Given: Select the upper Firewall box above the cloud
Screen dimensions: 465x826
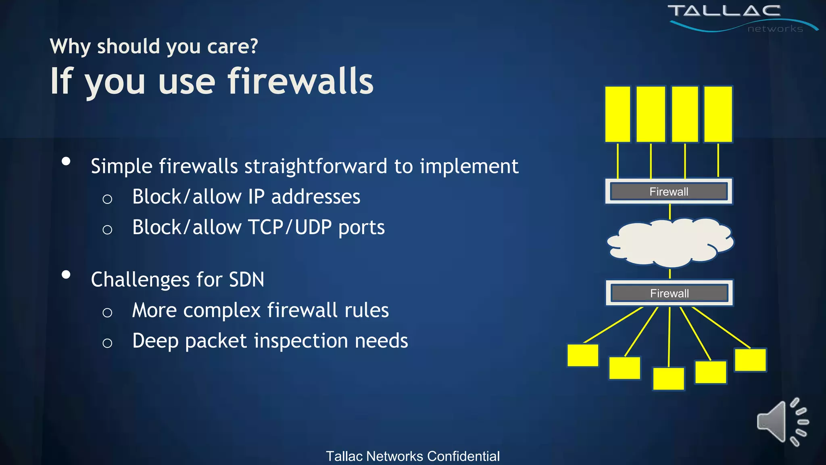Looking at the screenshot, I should pyautogui.click(x=669, y=191).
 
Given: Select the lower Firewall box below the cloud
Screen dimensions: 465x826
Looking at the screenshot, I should pyautogui.click(x=669, y=293).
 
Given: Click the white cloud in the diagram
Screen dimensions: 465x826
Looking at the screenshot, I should pyautogui.click(x=670, y=243).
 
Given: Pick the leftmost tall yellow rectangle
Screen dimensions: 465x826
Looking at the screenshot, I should pyautogui.click(x=617, y=114).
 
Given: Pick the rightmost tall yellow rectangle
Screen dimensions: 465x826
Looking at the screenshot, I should pyautogui.click(x=718, y=114).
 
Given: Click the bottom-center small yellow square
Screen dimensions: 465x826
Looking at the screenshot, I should pyautogui.click(x=668, y=379).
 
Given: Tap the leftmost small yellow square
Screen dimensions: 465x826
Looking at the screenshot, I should pyautogui.click(x=583, y=355).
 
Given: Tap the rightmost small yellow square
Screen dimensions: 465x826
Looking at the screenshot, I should pyautogui.click(x=750, y=360).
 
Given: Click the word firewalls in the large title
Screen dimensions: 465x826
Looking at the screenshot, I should pyautogui.click(x=300, y=82).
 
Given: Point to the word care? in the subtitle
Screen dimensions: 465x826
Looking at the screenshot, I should pyautogui.click(x=232, y=46).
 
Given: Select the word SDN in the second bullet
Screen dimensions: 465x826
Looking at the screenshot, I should pyautogui.click(x=246, y=279).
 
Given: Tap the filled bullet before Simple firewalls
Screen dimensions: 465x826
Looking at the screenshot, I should pyautogui.click(x=66, y=161).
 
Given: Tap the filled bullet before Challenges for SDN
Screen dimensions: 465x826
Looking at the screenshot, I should pyautogui.click(x=66, y=275).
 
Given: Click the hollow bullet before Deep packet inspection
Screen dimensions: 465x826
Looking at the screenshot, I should pyautogui.click(x=107, y=343).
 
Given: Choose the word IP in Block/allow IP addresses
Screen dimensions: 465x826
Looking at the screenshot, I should pyautogui.click(x=256, y=197).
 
